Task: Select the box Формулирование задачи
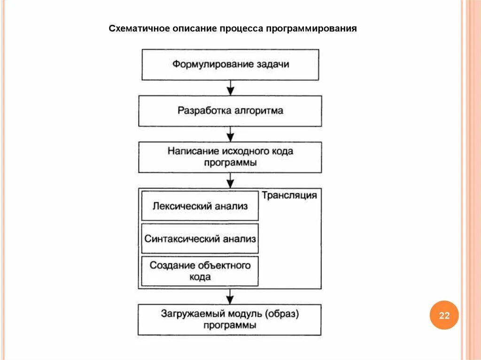tap(230, 64)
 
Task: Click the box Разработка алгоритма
tap(230, 111)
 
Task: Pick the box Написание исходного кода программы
tap(230, 157)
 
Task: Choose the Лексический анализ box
tap(200, 206)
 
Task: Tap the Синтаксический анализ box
tap(200, 239)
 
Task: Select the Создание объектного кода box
tap(200, 271)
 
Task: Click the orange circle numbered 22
tap(444, 315)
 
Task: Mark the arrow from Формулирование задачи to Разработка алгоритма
tap(230, 88)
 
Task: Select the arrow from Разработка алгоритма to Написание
tap(230, 134)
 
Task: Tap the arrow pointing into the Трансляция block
tap(230, 181)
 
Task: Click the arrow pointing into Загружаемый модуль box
tap(230, 297)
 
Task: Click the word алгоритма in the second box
tap(258, 111)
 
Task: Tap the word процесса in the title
tap(241, 29)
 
